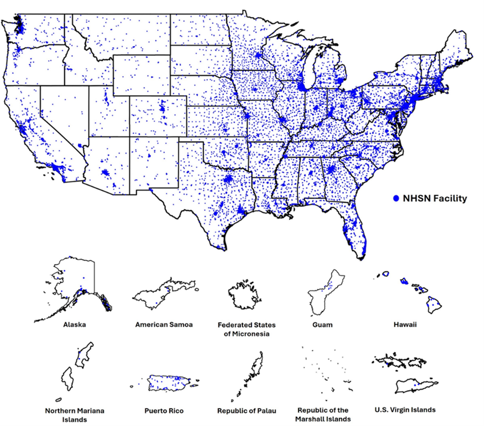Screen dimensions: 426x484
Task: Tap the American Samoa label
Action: click(x=164, y=325)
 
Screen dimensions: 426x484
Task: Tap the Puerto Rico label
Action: click(x=164, y=411)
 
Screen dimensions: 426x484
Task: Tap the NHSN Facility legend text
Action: click(x=435, y=198)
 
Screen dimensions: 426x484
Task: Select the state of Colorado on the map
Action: click(x=158, y=115)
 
